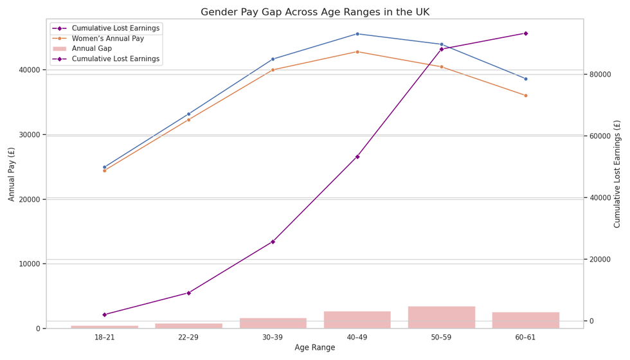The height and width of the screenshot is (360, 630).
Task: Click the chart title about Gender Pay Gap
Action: click(x=315, y=12)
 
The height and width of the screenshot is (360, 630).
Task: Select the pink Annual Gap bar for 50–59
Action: click(x=441, y=318)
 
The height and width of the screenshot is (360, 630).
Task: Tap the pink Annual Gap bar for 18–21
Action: click(x=104, y=327)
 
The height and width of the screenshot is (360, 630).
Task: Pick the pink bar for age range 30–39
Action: click(x=273, y=323)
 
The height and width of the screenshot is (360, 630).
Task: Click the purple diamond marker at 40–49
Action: click(x=357, y=157)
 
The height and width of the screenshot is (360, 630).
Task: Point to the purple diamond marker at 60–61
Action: click(x=525, y=33)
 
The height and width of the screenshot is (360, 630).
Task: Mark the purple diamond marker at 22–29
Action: click(x=188, y=293)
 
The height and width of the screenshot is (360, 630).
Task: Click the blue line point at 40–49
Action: click(x=357, y=34)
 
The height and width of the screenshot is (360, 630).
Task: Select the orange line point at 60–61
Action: click(x=525, y=96)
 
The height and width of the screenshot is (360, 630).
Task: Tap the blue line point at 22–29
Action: click(x=188, y=114)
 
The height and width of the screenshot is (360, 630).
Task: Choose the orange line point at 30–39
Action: click(x=273, y=70)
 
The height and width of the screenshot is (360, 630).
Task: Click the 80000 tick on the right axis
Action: click(x=600, y=75)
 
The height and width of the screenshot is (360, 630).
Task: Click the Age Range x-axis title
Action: click(x=315, y=348)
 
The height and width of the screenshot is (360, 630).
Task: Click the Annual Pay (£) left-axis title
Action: click(x=12, y=174)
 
